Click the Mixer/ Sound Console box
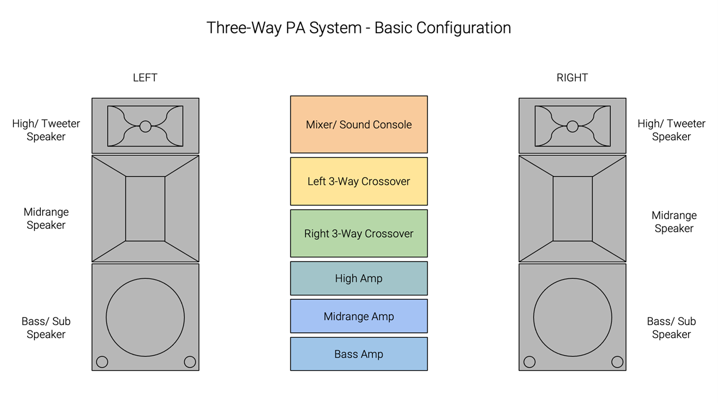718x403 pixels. (358, 125)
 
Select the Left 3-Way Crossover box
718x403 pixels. (358, 181)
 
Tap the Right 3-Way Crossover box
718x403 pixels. (358, 233)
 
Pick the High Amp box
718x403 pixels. (358, 278)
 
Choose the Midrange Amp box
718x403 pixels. (358, 316)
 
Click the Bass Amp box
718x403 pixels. (358, 354)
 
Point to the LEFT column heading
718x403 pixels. (145, 78)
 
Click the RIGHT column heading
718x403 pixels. (572, 78)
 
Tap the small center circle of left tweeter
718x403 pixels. (146, 126)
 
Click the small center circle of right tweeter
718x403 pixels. (572, 126)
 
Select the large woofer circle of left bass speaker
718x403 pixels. (145, 317)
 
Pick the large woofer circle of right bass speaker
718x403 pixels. (572, 317)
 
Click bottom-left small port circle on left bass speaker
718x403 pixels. (102, 362)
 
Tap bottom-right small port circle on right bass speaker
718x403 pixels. (617, 362)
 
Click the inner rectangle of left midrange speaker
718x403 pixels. (145, 209)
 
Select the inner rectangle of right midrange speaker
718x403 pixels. (572, 209)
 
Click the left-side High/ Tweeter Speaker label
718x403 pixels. (46, 130)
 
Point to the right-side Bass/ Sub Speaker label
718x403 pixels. (671, 328)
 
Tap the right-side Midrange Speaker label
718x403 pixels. (674, 222)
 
